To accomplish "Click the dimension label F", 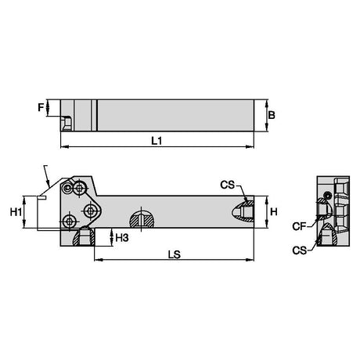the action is coord(41,107).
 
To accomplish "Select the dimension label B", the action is coord(272,115).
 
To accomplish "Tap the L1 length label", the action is coord(157,141).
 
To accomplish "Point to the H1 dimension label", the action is coord(16,212).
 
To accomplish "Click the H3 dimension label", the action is coord(122,238).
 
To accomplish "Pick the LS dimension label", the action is coord(175,254).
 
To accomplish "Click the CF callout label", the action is coord(299,226).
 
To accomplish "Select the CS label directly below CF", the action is coord(299,250).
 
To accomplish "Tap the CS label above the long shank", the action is coord(228,185).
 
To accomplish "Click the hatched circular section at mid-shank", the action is coord(142,219).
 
